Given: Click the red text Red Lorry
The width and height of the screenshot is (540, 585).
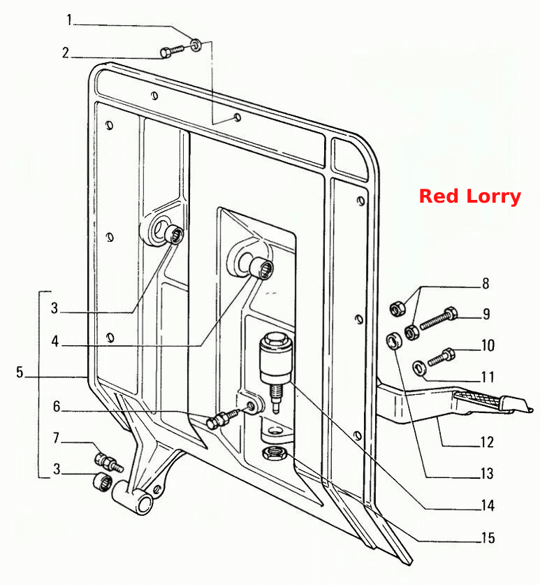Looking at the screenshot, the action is tap(470, 196).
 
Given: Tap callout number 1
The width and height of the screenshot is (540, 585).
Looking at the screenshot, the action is tap(69, 20).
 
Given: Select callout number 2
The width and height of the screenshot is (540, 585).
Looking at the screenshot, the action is tap(66, 53).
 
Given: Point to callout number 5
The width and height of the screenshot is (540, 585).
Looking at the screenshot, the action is tap(20, 372).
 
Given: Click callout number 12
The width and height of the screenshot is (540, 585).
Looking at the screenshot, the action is tap(487, 442).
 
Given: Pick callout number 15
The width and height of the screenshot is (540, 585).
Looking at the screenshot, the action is tap(488, 538).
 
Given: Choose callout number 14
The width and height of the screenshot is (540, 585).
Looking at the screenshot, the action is tap(488, 505).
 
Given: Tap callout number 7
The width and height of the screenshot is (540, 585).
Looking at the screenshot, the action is tap(57, 438).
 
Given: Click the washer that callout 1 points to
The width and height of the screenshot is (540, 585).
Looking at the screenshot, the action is tap(196, 45).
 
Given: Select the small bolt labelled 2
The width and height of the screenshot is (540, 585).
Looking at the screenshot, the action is tap(172, 52).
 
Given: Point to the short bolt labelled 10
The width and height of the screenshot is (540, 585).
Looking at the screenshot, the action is tap(442, 356).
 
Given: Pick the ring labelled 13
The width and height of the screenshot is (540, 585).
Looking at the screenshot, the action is tap(395, 341).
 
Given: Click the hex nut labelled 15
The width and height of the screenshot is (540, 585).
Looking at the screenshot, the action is tap(274, 453).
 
